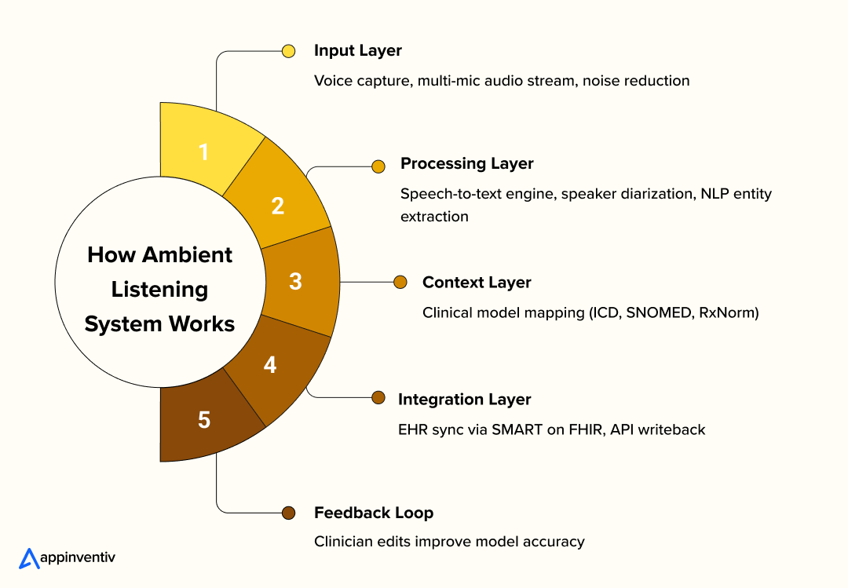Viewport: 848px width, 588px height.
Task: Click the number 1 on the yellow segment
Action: point(204,151)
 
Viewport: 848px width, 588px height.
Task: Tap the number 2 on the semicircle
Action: point(278,206)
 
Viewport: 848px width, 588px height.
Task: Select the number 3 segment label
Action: point(295,281)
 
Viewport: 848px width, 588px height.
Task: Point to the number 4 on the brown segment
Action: point(270,364)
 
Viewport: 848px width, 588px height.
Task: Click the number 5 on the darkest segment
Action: point(204,420)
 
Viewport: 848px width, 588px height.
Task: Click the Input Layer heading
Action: point(358,51)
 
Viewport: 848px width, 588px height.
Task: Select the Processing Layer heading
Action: point(466,164)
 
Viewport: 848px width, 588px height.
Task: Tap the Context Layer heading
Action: point(477,283)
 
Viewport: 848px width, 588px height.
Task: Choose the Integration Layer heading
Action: point(465,400)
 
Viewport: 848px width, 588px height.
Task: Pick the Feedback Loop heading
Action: point(374,513)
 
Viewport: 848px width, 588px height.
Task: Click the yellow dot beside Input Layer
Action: point(288,51)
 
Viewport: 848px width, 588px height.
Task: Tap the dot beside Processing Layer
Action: point(378,166)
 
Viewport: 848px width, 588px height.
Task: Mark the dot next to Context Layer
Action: point(400,282)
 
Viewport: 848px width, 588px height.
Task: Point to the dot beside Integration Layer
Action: point(378,398)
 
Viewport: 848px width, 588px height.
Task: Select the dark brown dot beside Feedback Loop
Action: point(288,513)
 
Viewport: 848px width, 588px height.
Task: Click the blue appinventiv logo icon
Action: point(29,557)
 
